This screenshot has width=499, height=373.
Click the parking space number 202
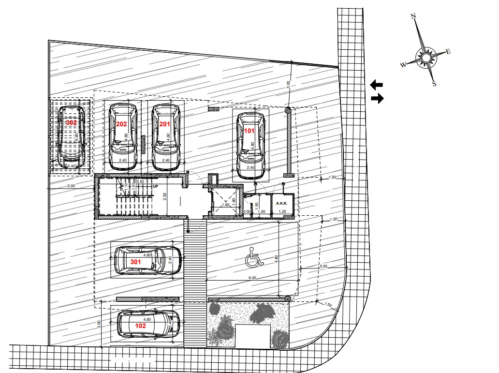[121, 124]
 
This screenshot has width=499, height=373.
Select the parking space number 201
[165, 124]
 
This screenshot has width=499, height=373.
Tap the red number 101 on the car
[249, 131]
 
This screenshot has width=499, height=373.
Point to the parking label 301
[136, 262]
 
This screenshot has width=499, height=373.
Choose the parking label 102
[140, 326]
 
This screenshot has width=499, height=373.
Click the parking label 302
[72, 123]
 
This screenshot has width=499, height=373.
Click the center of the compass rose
[426, 59]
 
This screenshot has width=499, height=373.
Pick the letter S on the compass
[434, 83]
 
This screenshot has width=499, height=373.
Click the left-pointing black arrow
[376, 85]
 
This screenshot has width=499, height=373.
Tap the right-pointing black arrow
[377, 99]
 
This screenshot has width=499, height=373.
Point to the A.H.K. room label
[282, 204]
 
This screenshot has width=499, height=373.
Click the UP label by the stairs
[155, 186]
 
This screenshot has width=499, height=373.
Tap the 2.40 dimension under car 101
[250, 167]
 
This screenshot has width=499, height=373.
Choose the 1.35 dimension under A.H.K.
[282, 211]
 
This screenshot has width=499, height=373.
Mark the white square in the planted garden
[252, 336]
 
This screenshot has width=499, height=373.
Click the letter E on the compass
[448, 52]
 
